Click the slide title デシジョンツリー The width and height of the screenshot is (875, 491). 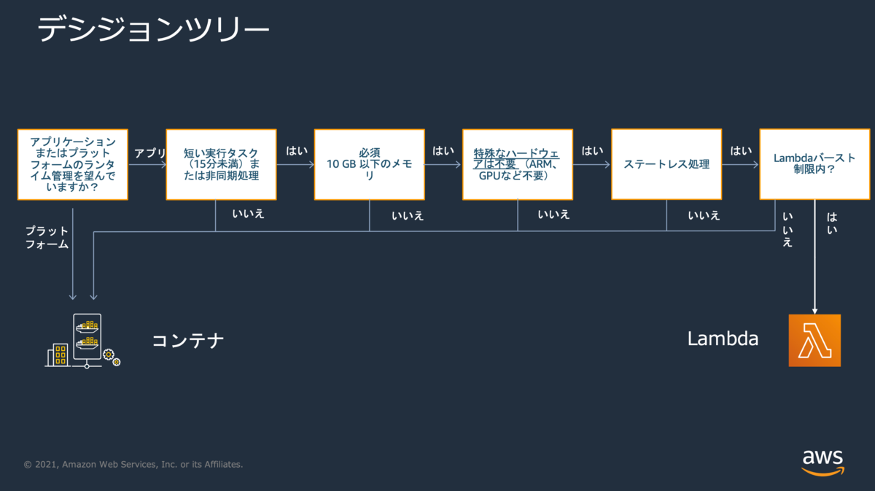(x=152, y=31)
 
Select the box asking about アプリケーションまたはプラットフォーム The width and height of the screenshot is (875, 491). (x=73, y=164)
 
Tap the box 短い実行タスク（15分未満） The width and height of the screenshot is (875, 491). (x=221, y=164)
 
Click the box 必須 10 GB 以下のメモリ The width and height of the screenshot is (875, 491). (x=369, y=164)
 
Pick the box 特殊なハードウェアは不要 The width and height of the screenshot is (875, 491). (x=517, y=164)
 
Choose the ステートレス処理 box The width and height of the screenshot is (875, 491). (x=666, y=164)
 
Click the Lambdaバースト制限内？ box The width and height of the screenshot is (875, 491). (x=814, y=164)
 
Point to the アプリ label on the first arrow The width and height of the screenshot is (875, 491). (x=150, y=153)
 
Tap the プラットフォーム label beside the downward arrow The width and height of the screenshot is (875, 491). (x=47, y=238)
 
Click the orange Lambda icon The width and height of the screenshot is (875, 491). (x=814, y=340)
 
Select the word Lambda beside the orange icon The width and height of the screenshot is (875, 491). (x=723, y=339)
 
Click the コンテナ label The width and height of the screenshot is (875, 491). (x=187, y=340)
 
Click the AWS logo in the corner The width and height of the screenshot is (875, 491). (x=822, y=462)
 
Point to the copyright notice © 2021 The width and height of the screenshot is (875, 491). (x=133, y=464)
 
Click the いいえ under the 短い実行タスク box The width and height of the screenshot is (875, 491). (x=248, y=214)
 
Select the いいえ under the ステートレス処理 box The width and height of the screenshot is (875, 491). (x=704, y=215)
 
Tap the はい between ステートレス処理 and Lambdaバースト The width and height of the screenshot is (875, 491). (x=741, y=151)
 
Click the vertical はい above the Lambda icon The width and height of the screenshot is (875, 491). (x=832, y=223)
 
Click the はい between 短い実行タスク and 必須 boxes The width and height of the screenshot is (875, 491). (x=297, y=151)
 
